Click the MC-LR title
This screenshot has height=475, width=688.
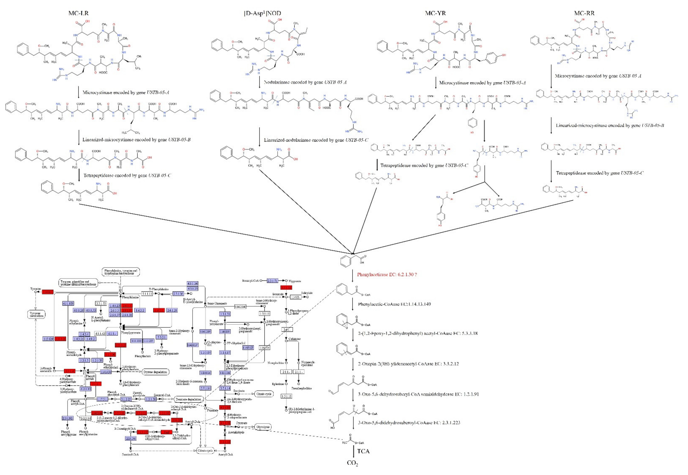tap(78, 13)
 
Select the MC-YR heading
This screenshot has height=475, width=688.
tap(435, 13)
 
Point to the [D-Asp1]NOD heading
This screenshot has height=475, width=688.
tap(262, 13)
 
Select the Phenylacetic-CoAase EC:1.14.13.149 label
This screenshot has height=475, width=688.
tap(394, 304)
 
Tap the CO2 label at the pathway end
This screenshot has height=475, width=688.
tap(352, 463)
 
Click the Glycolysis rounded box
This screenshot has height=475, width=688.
tap(263, 427)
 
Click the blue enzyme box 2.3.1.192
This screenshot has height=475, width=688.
tap(67, 418)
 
